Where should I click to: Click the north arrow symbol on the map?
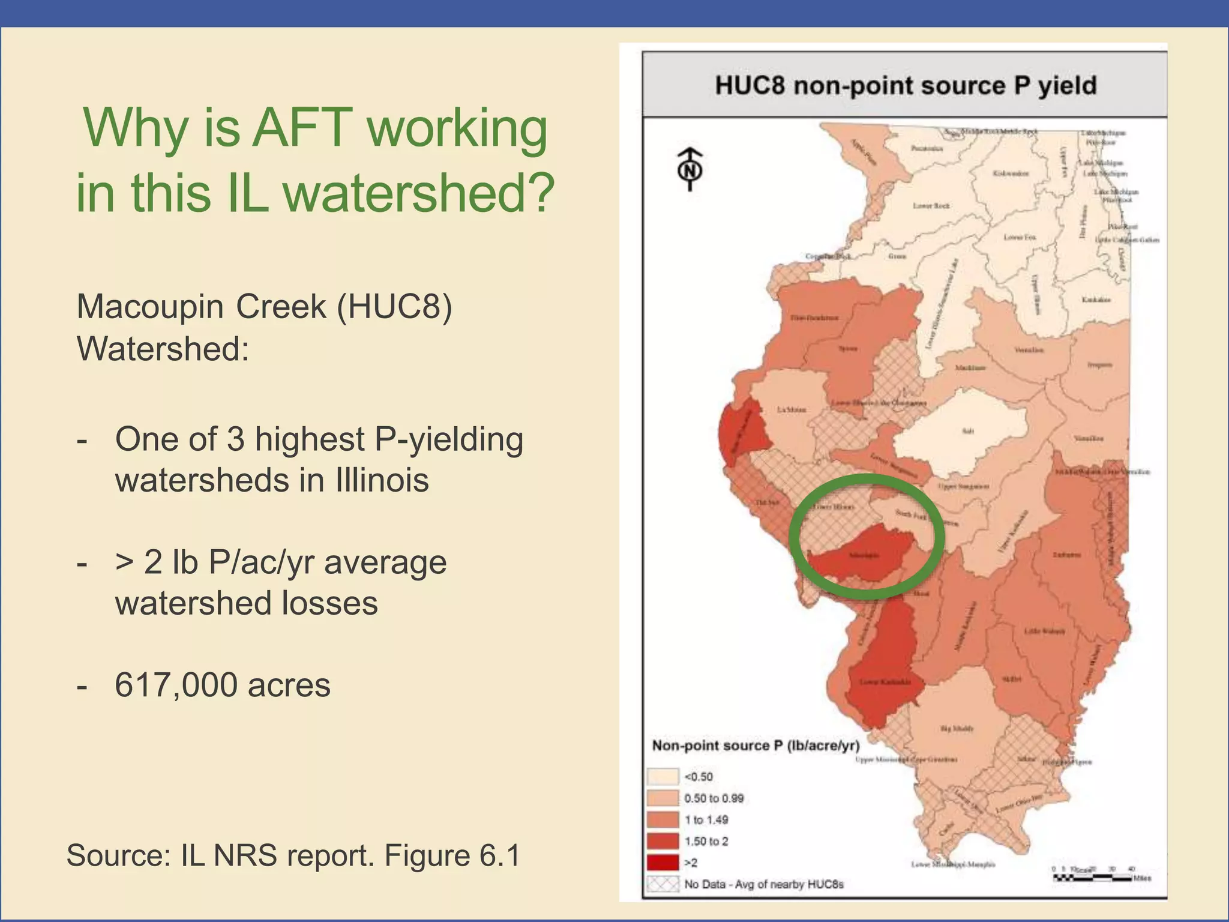tap(690, 169)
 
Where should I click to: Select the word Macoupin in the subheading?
tap(151, 307)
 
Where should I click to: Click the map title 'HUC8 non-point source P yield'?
tap(905, 85)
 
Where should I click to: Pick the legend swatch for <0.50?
tap(663, 777)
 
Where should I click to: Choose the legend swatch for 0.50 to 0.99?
tap(663, 798)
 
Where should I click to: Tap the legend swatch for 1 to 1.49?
tap(663, 820)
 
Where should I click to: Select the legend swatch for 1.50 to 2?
tap(663, 842)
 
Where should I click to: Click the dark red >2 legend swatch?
tap(663, 863)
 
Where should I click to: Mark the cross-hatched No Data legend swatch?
tap(663, 884)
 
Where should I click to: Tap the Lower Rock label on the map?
tap(931, 206)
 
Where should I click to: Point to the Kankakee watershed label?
tap(1096, 300)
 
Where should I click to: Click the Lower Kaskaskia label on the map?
tap(885, 682)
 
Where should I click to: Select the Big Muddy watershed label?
tap(957, 729)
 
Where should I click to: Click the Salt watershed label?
tap(967, 431)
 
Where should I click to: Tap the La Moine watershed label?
tap(792, 409)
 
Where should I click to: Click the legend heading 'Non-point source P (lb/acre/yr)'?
tap(756, 746)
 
